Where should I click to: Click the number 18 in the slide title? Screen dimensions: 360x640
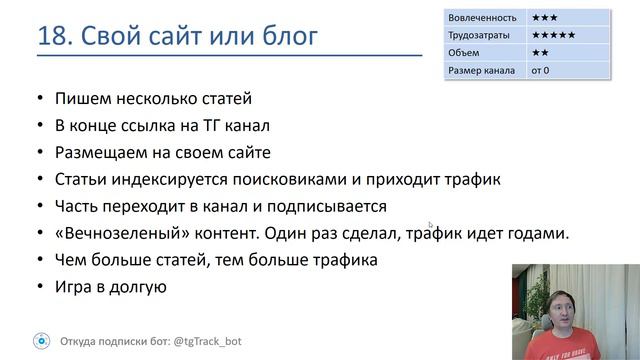coord(52,38)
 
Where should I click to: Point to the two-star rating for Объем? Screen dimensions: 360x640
coord(541,52)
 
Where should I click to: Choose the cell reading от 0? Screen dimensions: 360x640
coord(542,70)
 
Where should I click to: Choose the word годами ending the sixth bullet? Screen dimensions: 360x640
coord(536,234)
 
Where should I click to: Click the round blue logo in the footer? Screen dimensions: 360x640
coord(40,340)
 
